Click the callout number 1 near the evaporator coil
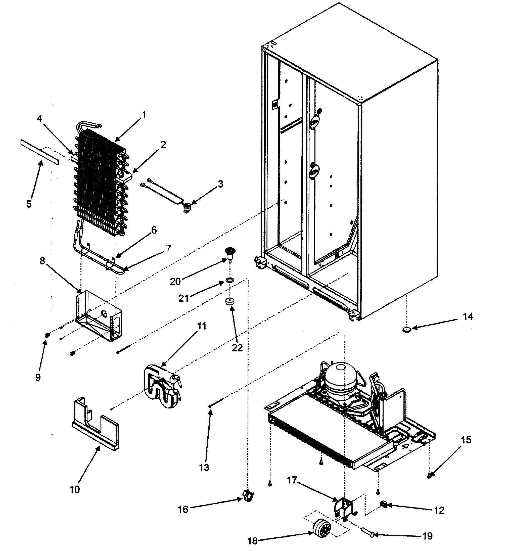click(x=144, y=115)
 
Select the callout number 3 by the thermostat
click(x=220, y=184)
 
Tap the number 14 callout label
click(x=468, y=316)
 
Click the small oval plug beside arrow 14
click(x=407, y=329)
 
